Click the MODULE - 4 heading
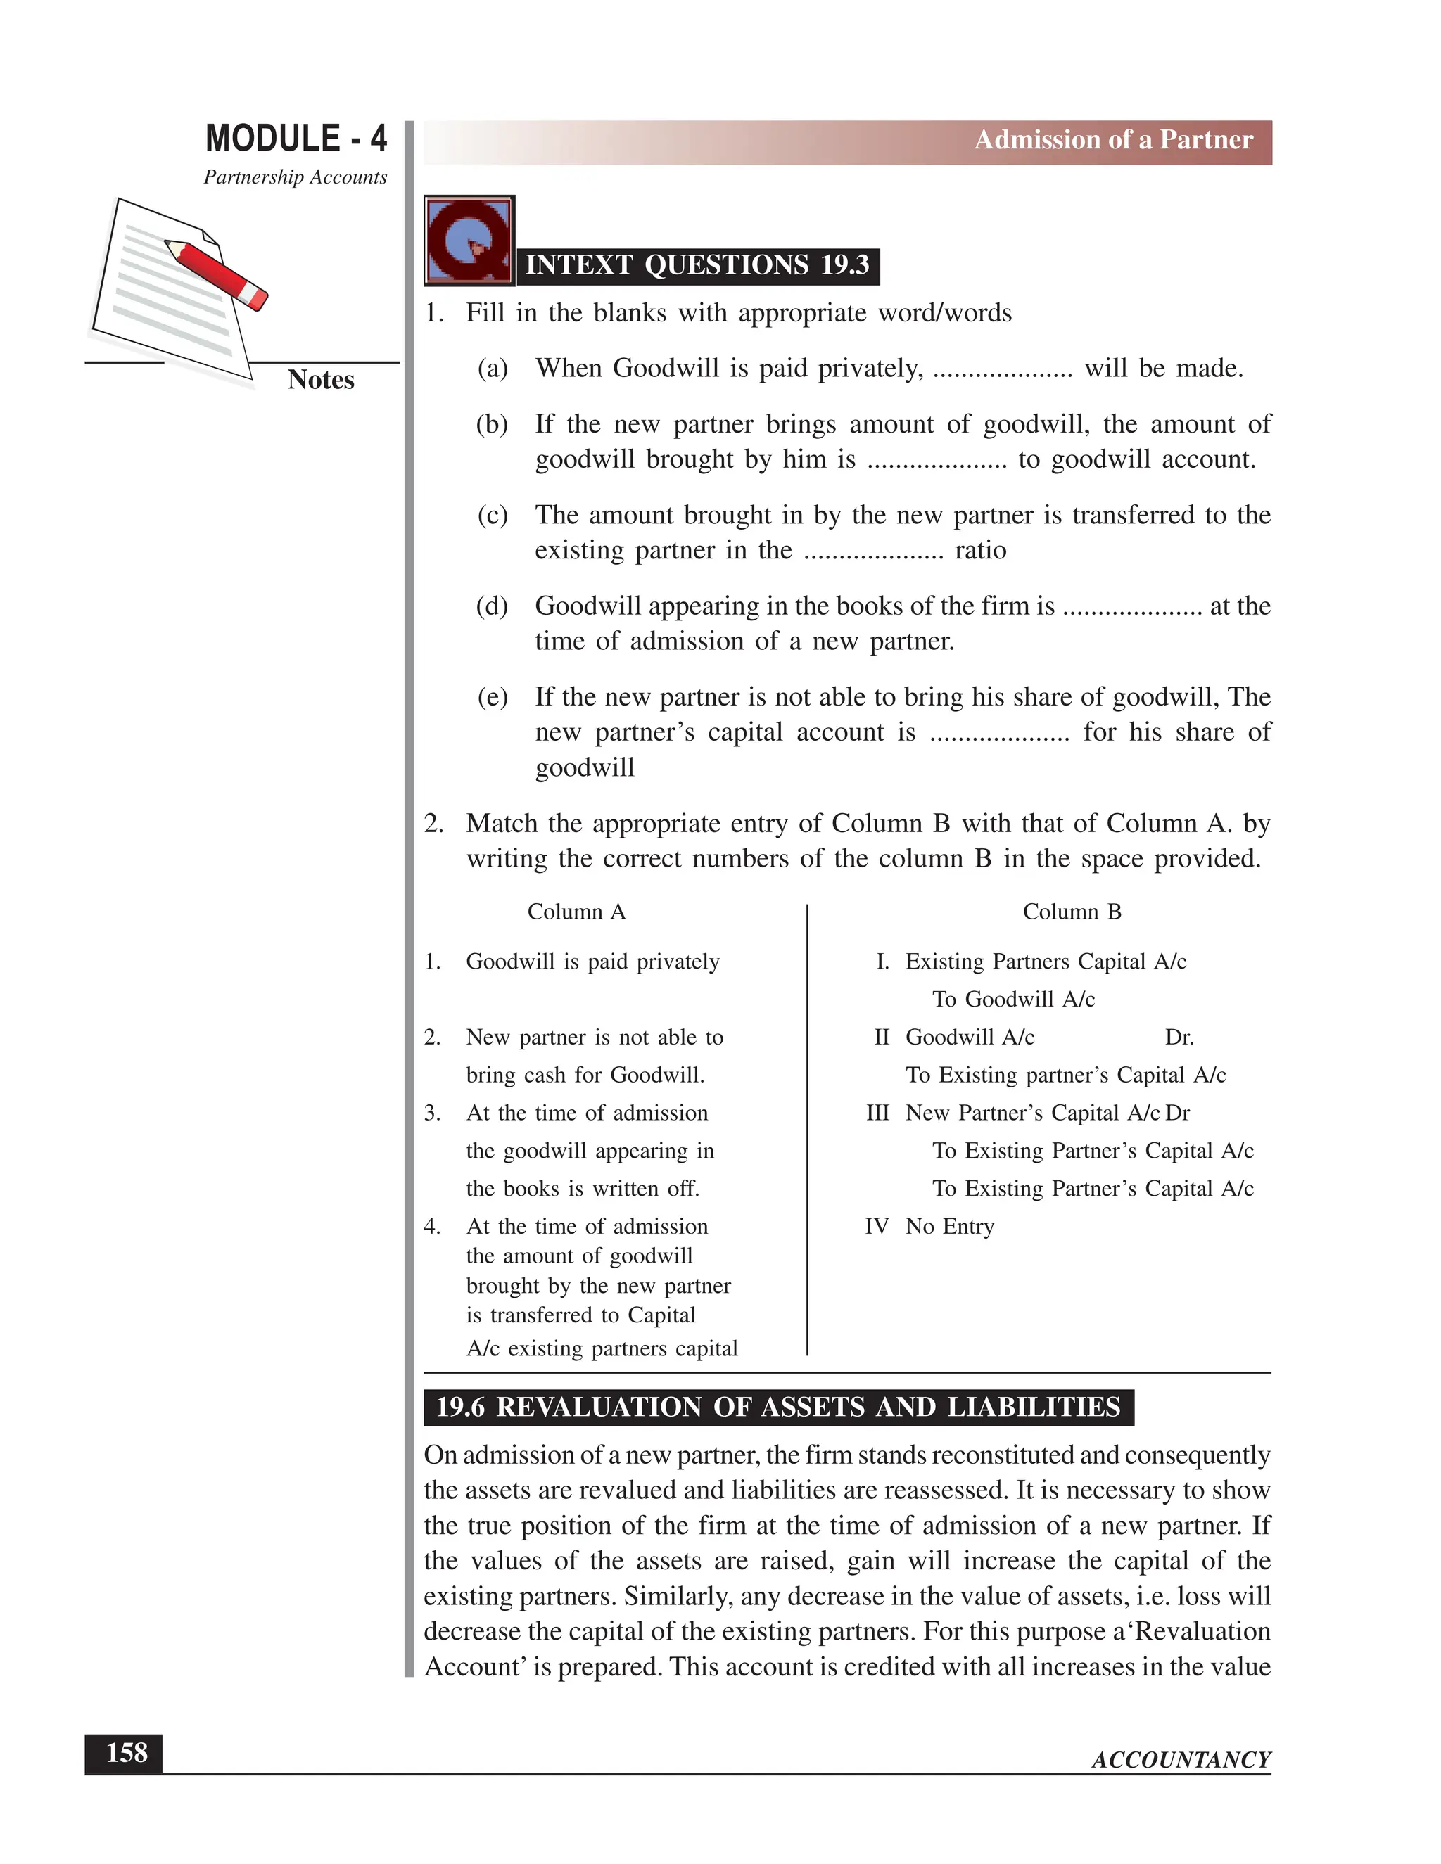click(x=296, y=139)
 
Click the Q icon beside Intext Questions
click(x=469, y=241)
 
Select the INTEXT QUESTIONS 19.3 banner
click(x=697, y=265)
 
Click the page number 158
click(x=125, y=1753)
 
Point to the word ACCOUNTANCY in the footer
click(x=1181, y=1760)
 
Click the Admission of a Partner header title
click(x=1113, y=140)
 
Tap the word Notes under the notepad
click(x=320, y=380)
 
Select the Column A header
click(x=576, y=912)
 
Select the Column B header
click(x=1072, y=912)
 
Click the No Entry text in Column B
click(x=949, y=1227)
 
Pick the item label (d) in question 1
click(x=492, y=606)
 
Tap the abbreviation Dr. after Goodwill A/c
click(x=1179, y=1037)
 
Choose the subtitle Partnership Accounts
click(x=296, y=177)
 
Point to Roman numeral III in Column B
click(x=877, y=1113)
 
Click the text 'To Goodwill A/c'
click(x=1012, y=1000)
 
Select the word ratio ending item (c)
click(x=980, y=551)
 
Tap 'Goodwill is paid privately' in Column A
click(x=592, y=962)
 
